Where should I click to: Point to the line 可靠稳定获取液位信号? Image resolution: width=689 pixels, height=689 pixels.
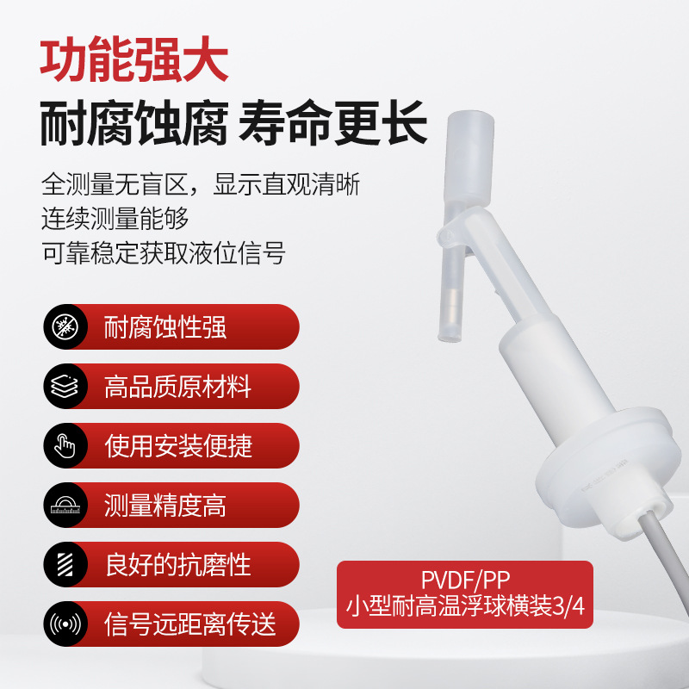(163, 252)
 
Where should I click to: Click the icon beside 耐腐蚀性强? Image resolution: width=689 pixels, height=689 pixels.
(65, 327)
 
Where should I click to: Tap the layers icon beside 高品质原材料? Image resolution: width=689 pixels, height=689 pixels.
(65, 387)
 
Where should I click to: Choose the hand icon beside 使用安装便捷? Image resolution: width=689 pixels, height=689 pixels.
(65, 446)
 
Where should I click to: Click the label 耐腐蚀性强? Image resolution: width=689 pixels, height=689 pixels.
(165, 327)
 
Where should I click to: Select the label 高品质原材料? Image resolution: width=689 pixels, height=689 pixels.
(177, 387)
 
